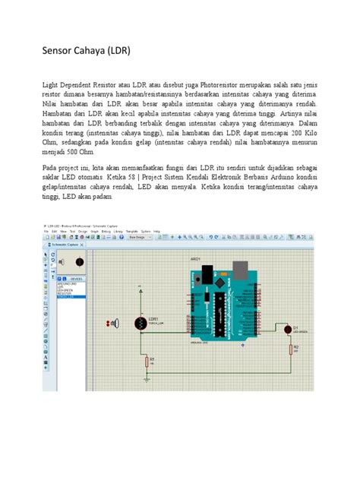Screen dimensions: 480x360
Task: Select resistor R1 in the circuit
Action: click(147, 362)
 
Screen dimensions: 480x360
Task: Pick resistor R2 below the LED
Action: click(291, 349)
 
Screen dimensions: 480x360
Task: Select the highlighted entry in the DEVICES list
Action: click(68, 297)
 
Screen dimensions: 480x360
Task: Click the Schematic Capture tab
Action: click(63, 245)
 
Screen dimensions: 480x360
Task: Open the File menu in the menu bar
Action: click(45, 231)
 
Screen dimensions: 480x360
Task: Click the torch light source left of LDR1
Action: click(115, 324)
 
